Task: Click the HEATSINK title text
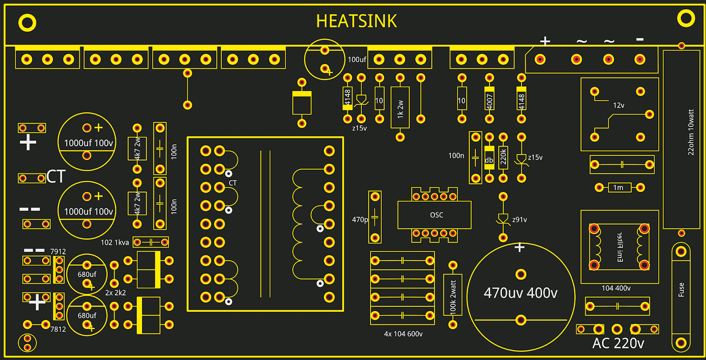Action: coord(357,21)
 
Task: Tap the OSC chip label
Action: coord(436,215)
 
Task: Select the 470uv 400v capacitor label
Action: coord(521,292)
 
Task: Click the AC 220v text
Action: coord(618,343)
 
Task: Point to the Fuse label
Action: coord(681,290)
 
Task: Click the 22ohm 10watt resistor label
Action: coord(691,132)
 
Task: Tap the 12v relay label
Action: coord(619,105)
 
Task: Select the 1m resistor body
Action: coord(619,187)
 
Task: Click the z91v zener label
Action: coord(519,220)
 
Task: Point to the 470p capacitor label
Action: coord(360,220)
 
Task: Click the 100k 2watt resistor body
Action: coord(453,295)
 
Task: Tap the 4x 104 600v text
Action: coord(403,334)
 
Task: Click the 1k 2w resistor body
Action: coord(400,108)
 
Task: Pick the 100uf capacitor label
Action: coord(357,60)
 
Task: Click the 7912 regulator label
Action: coord(58,251)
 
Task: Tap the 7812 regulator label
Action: coord(58,329)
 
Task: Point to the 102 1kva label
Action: coord(115,243)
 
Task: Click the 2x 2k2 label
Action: coord(116,292)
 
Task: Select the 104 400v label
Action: coord(616,288)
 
